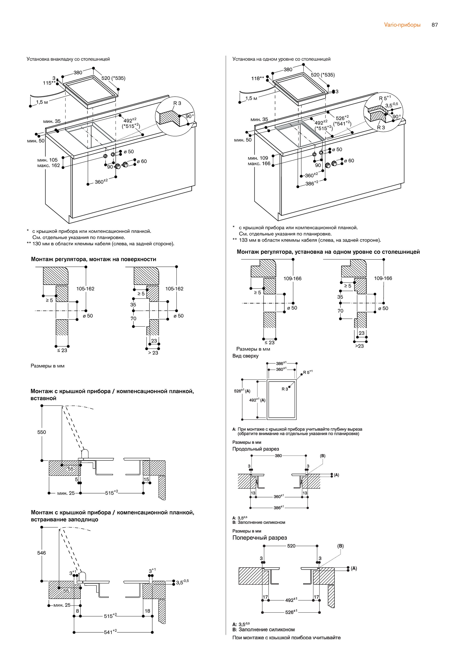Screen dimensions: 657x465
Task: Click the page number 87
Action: (434, 25)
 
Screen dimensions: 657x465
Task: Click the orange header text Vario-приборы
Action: (402, 25)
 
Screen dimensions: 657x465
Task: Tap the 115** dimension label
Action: (49, 83)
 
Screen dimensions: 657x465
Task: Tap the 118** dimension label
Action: (257, 78)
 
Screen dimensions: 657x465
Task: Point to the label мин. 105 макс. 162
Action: (48, 163)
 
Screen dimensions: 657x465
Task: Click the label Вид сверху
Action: (245, 356)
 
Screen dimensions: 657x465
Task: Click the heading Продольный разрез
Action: (256, 449)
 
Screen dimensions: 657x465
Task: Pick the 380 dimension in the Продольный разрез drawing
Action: (278, 456)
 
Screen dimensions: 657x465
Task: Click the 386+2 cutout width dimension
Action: (312, 184)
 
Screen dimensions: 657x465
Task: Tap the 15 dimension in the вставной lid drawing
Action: (146, 479)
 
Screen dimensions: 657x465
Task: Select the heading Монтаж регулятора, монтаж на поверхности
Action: (93, 259)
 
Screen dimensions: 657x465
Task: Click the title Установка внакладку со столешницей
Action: (68, 59)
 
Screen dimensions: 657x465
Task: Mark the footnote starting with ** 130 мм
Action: (100, 244)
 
